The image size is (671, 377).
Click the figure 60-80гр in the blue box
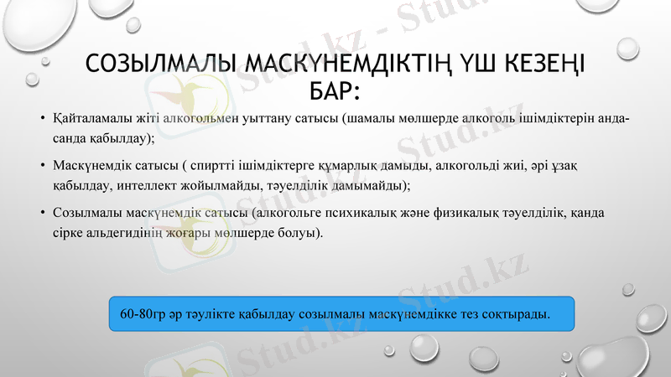point(143,315)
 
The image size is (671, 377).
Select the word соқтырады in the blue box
point(518,315)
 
